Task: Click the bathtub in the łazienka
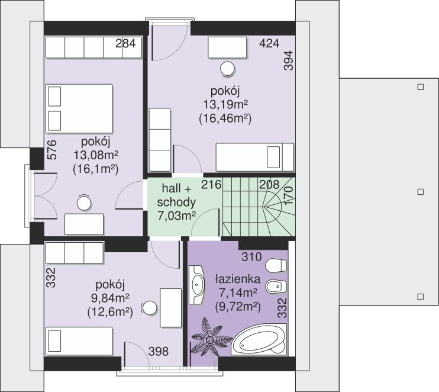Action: click(x=259, y=340)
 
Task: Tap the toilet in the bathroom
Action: click(x=276, y=265)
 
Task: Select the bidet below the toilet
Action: click(x=276, y=287)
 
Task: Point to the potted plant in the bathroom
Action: click(x=209, y=340)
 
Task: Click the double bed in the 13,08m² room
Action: click(x=79, y=109)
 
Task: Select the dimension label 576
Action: click(x=52, y=150)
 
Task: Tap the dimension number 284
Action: click(x=125, y=43)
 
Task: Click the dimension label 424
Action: click(x=269, y=43)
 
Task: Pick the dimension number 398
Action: click(x=159, y=351)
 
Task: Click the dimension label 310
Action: click(x=251, y=256)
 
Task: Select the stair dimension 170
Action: click(x=288, y=196)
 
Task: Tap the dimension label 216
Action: click(x=211, y=185)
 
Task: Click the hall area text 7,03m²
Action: click(x=176, y=216)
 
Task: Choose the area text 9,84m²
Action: click(x=110, y=298)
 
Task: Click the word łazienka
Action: click(x=238, y=279)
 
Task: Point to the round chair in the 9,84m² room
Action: click(x=150, y=309)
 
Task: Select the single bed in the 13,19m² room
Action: click(x=255, y=157)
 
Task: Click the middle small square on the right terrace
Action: click(x=420, y=192)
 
